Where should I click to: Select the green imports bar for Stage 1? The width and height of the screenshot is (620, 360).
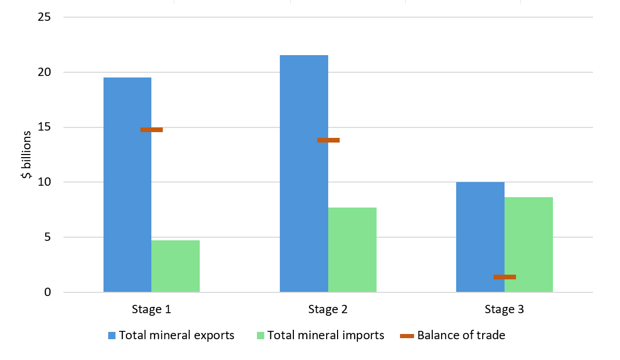coord(175,266)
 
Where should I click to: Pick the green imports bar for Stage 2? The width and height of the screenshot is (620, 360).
coord(352,250)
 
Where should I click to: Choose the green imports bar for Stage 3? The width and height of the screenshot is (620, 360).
coord(528,245)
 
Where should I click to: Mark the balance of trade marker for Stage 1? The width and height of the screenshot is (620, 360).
coord(151,130)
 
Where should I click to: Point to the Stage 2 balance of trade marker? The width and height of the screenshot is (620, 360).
coord(328,140)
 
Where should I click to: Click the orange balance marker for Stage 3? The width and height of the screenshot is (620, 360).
coord(505,277)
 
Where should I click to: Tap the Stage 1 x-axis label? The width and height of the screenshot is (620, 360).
coord(151,310)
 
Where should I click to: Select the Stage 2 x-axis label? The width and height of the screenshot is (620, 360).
coord(328,310)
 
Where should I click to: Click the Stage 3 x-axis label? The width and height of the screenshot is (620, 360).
coord(504,310)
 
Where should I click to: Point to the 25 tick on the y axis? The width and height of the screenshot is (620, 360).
coord(44,17)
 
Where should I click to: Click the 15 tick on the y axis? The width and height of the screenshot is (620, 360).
coord(44,127)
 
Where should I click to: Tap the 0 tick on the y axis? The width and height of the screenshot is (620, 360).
coord(47,292)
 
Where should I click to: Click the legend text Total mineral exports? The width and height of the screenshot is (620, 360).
coord(176,336)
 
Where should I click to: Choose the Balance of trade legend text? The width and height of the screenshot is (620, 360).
coord(461,336)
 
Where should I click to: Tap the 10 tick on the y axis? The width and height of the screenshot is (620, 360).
coord(44,183)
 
